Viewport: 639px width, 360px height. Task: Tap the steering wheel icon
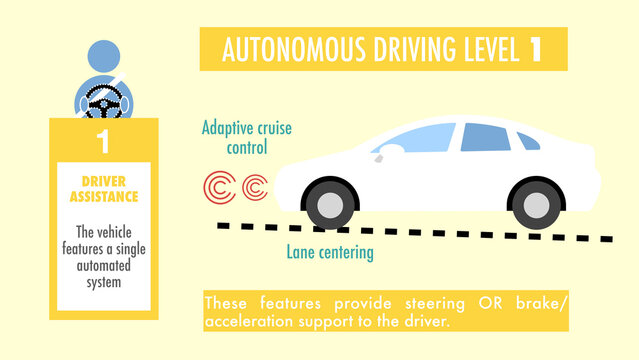point(102,103)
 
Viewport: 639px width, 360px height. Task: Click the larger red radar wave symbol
point(220,187)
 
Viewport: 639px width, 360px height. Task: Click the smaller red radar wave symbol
point(255,187)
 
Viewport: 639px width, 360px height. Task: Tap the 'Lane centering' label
point(330,252)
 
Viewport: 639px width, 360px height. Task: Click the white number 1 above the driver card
point(103,140)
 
